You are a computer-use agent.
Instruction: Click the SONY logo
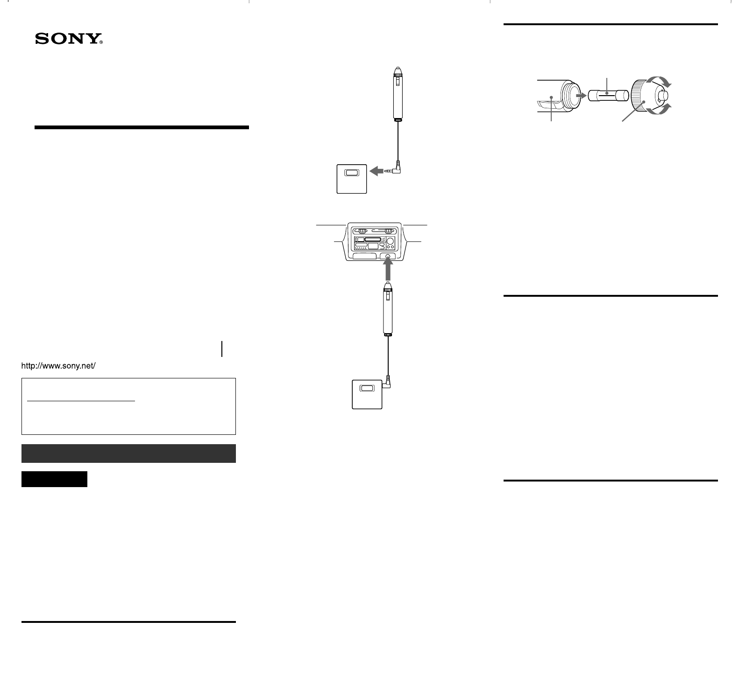(x=69, y=39)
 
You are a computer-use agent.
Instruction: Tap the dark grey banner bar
(x=128, y=454)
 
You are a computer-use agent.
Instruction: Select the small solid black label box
(x=54, y=479)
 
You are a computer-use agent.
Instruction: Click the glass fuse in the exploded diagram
(x=607, y=96)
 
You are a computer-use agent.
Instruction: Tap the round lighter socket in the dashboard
(x=387, y=256)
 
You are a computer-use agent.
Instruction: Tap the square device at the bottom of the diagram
(x=367, y=394)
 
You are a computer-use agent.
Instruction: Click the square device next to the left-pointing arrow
(x=351, y=179)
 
